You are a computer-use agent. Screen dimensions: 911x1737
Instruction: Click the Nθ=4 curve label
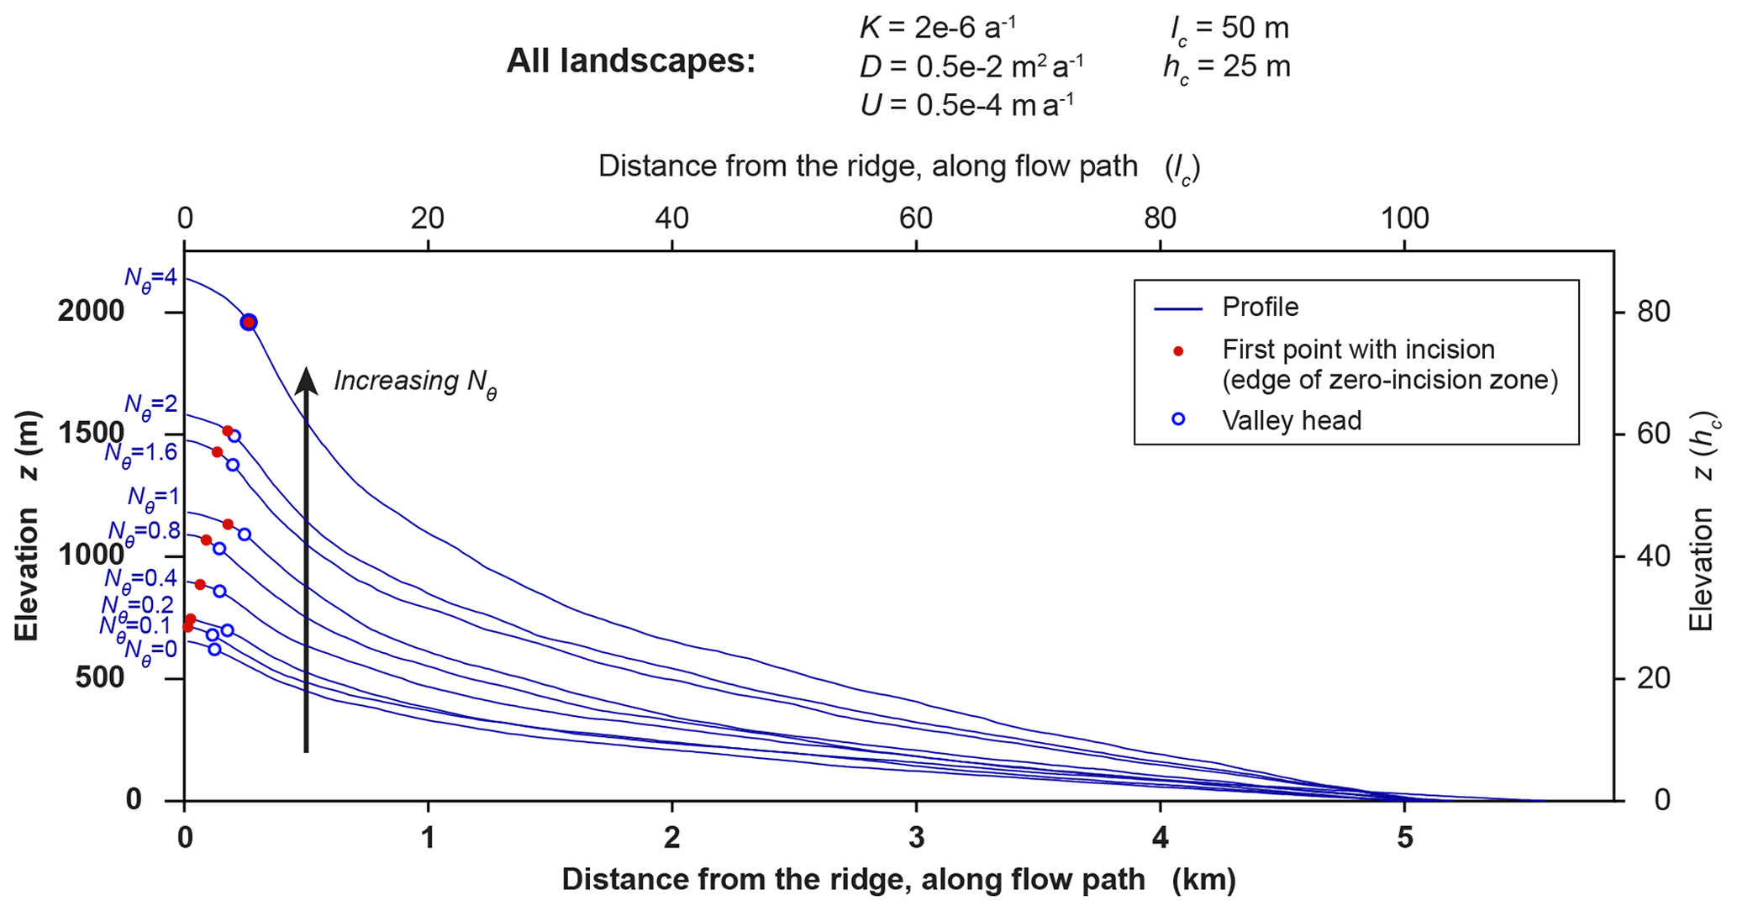click(x=151, y=278)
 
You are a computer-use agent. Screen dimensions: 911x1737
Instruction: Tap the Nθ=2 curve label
click(x=151, y=405)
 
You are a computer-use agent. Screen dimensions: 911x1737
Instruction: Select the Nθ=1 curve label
click(x=153, y=498)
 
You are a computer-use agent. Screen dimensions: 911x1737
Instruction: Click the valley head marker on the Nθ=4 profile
click(x=249, y=322)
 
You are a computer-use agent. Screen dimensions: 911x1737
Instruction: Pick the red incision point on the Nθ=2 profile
click(x=228, y=431)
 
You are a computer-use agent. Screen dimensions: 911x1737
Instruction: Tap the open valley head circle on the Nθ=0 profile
click(x=214, y=649)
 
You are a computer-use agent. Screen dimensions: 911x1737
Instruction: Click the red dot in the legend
click(x=1178, y=351)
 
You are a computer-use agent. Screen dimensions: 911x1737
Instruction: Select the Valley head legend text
click(x=1292, y=419)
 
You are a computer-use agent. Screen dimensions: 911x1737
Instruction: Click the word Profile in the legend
click(x=1260, y=307)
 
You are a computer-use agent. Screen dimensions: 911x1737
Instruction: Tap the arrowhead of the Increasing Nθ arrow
click(x=307, y=380)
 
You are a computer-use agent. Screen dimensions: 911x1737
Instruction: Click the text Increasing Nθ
click(x=415, y=382)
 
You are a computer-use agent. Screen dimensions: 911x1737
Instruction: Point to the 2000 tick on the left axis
click(x=91, y=312)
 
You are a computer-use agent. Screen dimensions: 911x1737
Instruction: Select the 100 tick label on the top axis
click(x=1404, y=219)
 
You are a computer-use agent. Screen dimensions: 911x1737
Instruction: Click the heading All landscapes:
click(x=630, y=62)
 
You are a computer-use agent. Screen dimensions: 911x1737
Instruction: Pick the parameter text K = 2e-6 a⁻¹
click(x=937, y=28)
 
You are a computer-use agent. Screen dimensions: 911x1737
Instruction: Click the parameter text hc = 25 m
click(x=1226, y=67)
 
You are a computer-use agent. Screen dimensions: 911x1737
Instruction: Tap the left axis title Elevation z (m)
click(x=28, y=526)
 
